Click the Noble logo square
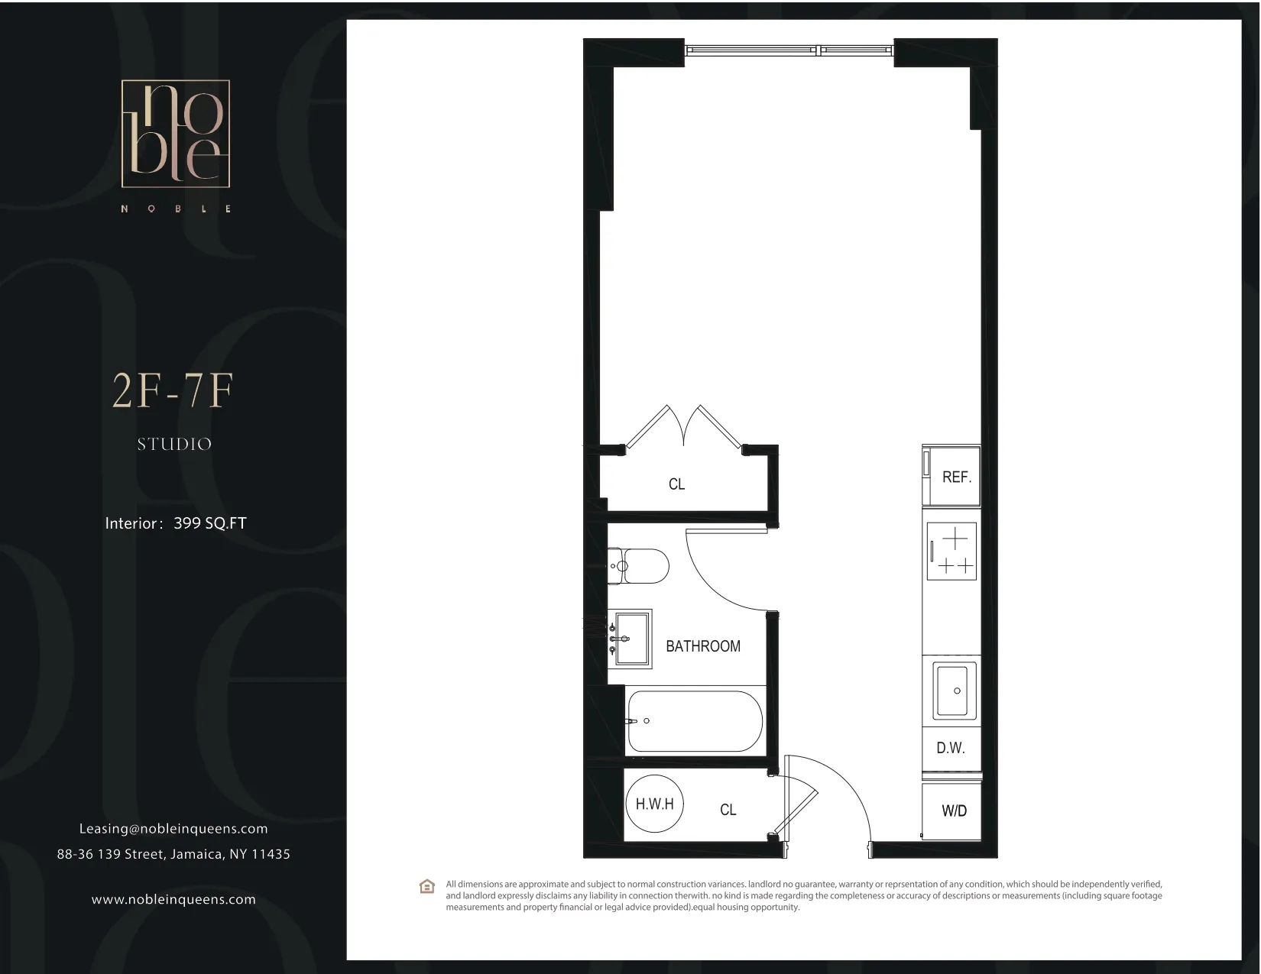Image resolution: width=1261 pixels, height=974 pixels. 175,134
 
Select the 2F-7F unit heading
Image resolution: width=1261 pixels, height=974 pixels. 172,391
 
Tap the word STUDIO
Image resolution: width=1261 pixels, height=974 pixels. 174,444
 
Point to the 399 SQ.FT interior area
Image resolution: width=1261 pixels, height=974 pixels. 210,523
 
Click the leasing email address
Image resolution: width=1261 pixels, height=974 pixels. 173,829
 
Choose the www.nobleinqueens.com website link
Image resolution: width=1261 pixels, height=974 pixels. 173,899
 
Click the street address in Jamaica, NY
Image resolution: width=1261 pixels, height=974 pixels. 173,854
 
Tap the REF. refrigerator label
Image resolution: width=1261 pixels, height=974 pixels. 956,477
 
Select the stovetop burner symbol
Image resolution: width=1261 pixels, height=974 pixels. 951,552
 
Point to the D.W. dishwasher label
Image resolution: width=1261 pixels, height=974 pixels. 951,748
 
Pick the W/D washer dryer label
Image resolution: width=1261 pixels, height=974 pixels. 954,811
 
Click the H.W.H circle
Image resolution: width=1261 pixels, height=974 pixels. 655,804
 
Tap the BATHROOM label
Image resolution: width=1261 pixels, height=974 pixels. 703,646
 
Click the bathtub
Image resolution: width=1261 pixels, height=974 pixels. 694,721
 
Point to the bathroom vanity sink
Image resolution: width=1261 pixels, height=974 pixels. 630,638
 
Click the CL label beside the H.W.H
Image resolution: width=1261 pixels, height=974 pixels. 728,810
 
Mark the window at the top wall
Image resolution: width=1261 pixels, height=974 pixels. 789,50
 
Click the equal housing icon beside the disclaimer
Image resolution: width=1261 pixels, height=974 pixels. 427,886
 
